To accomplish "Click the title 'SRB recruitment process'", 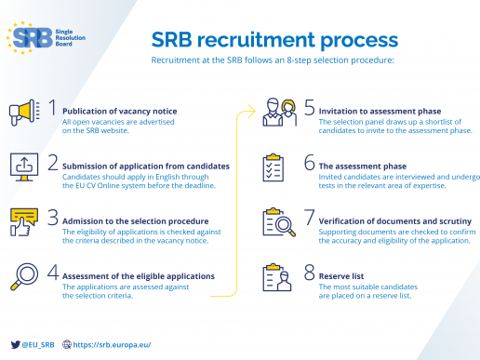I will click(275, 40).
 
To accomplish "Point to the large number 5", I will click(309, 108).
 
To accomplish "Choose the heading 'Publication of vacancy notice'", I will click(119, 112).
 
